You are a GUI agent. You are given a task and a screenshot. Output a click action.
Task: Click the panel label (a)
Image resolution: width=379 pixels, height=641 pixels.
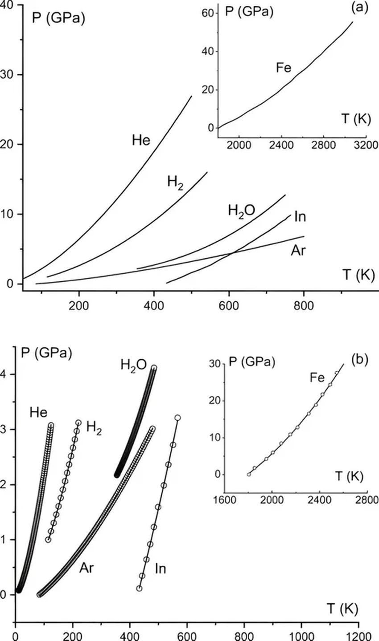pyautogui.click(x=360, y=8)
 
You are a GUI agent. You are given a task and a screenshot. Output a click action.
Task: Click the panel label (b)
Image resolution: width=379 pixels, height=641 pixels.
pyautogui.click(x=360, y=360)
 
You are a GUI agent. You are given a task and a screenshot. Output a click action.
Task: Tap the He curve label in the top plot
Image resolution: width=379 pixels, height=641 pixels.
pyautogui.click(x=141, y=141)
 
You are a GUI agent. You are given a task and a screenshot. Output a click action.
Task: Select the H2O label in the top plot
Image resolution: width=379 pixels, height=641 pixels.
pyautogui.click(x=241, y=211)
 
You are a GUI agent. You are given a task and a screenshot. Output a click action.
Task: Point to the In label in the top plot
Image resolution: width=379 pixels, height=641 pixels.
pyautogui.click(x=300, y=217)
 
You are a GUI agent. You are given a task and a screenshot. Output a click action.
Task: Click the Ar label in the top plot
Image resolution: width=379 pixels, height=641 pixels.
pyautogui.click(x=298, y=251)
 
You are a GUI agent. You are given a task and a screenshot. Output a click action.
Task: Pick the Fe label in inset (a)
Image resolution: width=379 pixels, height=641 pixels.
pyautogui.click(x=284, y=68)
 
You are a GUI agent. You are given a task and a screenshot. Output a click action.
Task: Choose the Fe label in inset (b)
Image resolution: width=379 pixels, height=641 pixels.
pyautogui.click(x=317, y=378)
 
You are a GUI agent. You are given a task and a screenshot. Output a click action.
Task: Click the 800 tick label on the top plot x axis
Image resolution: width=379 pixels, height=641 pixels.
pyautogui.click(x=304, y=306)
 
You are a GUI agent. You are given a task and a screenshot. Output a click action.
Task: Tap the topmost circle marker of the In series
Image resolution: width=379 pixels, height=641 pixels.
pyautogui.click(x=177, y=418)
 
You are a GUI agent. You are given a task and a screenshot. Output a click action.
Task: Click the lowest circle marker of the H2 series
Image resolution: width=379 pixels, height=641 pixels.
pyautogui.click(x=48, y=540)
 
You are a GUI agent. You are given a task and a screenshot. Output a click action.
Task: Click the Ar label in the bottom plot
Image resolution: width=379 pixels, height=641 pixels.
pyautogui.click(x=87, y=568)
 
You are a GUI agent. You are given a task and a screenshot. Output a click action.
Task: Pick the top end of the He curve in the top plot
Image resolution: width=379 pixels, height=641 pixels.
pyautogui.click(x=192, y=96)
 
